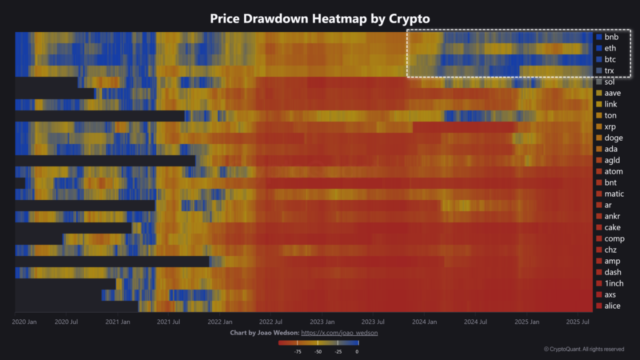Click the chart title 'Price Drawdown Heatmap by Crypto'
320,18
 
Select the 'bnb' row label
611,37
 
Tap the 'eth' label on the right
610,48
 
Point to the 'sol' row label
609,82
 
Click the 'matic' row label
614,194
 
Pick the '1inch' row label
613,283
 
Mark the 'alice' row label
612,306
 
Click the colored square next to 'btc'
599,59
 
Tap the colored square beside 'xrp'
599,126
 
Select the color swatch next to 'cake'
599,227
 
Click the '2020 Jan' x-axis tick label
24,322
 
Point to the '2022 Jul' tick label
270,322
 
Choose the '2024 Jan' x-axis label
424,322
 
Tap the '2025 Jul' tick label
578,322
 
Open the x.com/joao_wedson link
339,333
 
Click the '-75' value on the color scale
297,351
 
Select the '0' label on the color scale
357,351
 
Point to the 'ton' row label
610,115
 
